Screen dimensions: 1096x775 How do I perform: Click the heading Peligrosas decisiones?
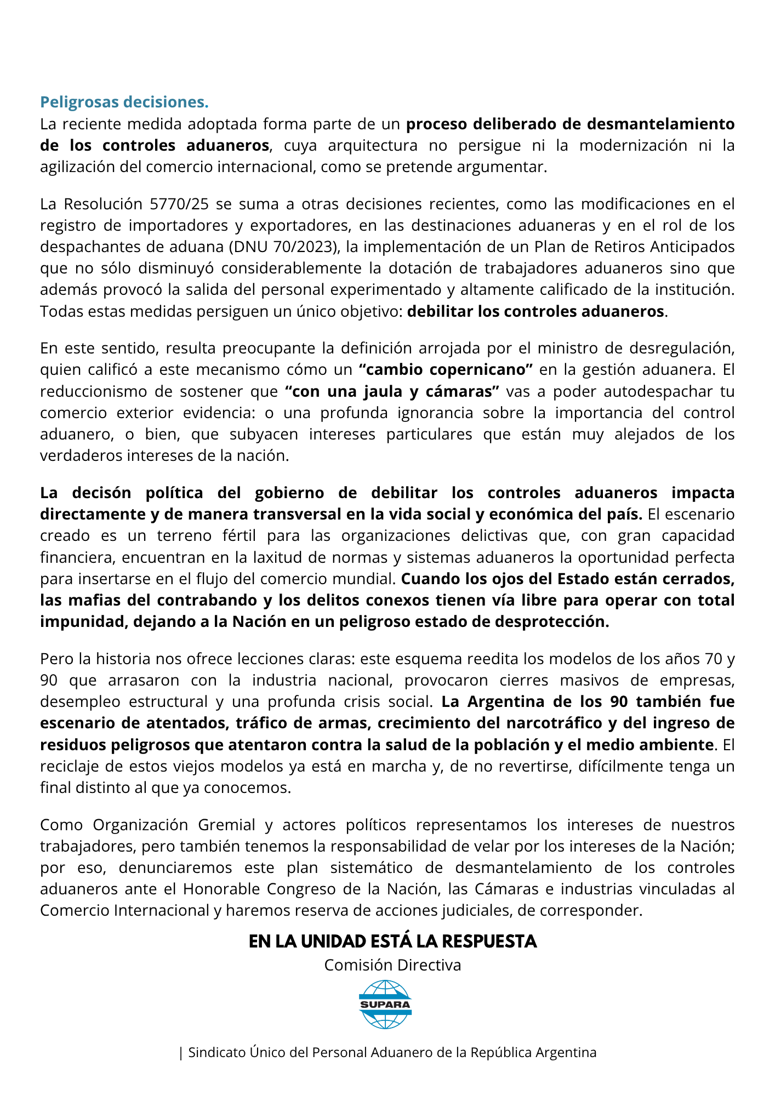click(x=124, y=102)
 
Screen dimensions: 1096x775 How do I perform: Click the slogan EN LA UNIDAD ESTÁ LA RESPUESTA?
click(x=393, y=941)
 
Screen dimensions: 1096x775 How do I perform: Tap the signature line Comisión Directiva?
click(x=392, y=965)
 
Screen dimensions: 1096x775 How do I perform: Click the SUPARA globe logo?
click(x=385, y=1004)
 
